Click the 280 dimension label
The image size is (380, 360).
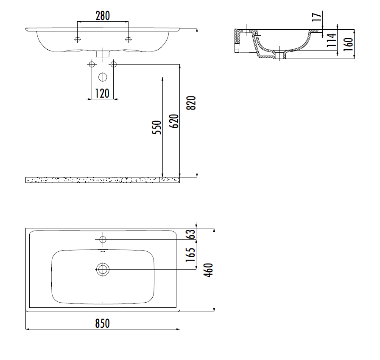[103, 16]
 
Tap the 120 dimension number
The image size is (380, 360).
[102, 93]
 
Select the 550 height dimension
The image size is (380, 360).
[156, 127]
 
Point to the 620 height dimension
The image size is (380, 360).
[174, 121]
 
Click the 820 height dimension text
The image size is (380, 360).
[191, 103]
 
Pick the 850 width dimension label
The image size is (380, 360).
[103, 323]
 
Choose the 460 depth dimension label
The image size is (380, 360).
[208, 270]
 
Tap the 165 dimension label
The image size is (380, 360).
[190, 254]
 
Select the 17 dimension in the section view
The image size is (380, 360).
[317, 17]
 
